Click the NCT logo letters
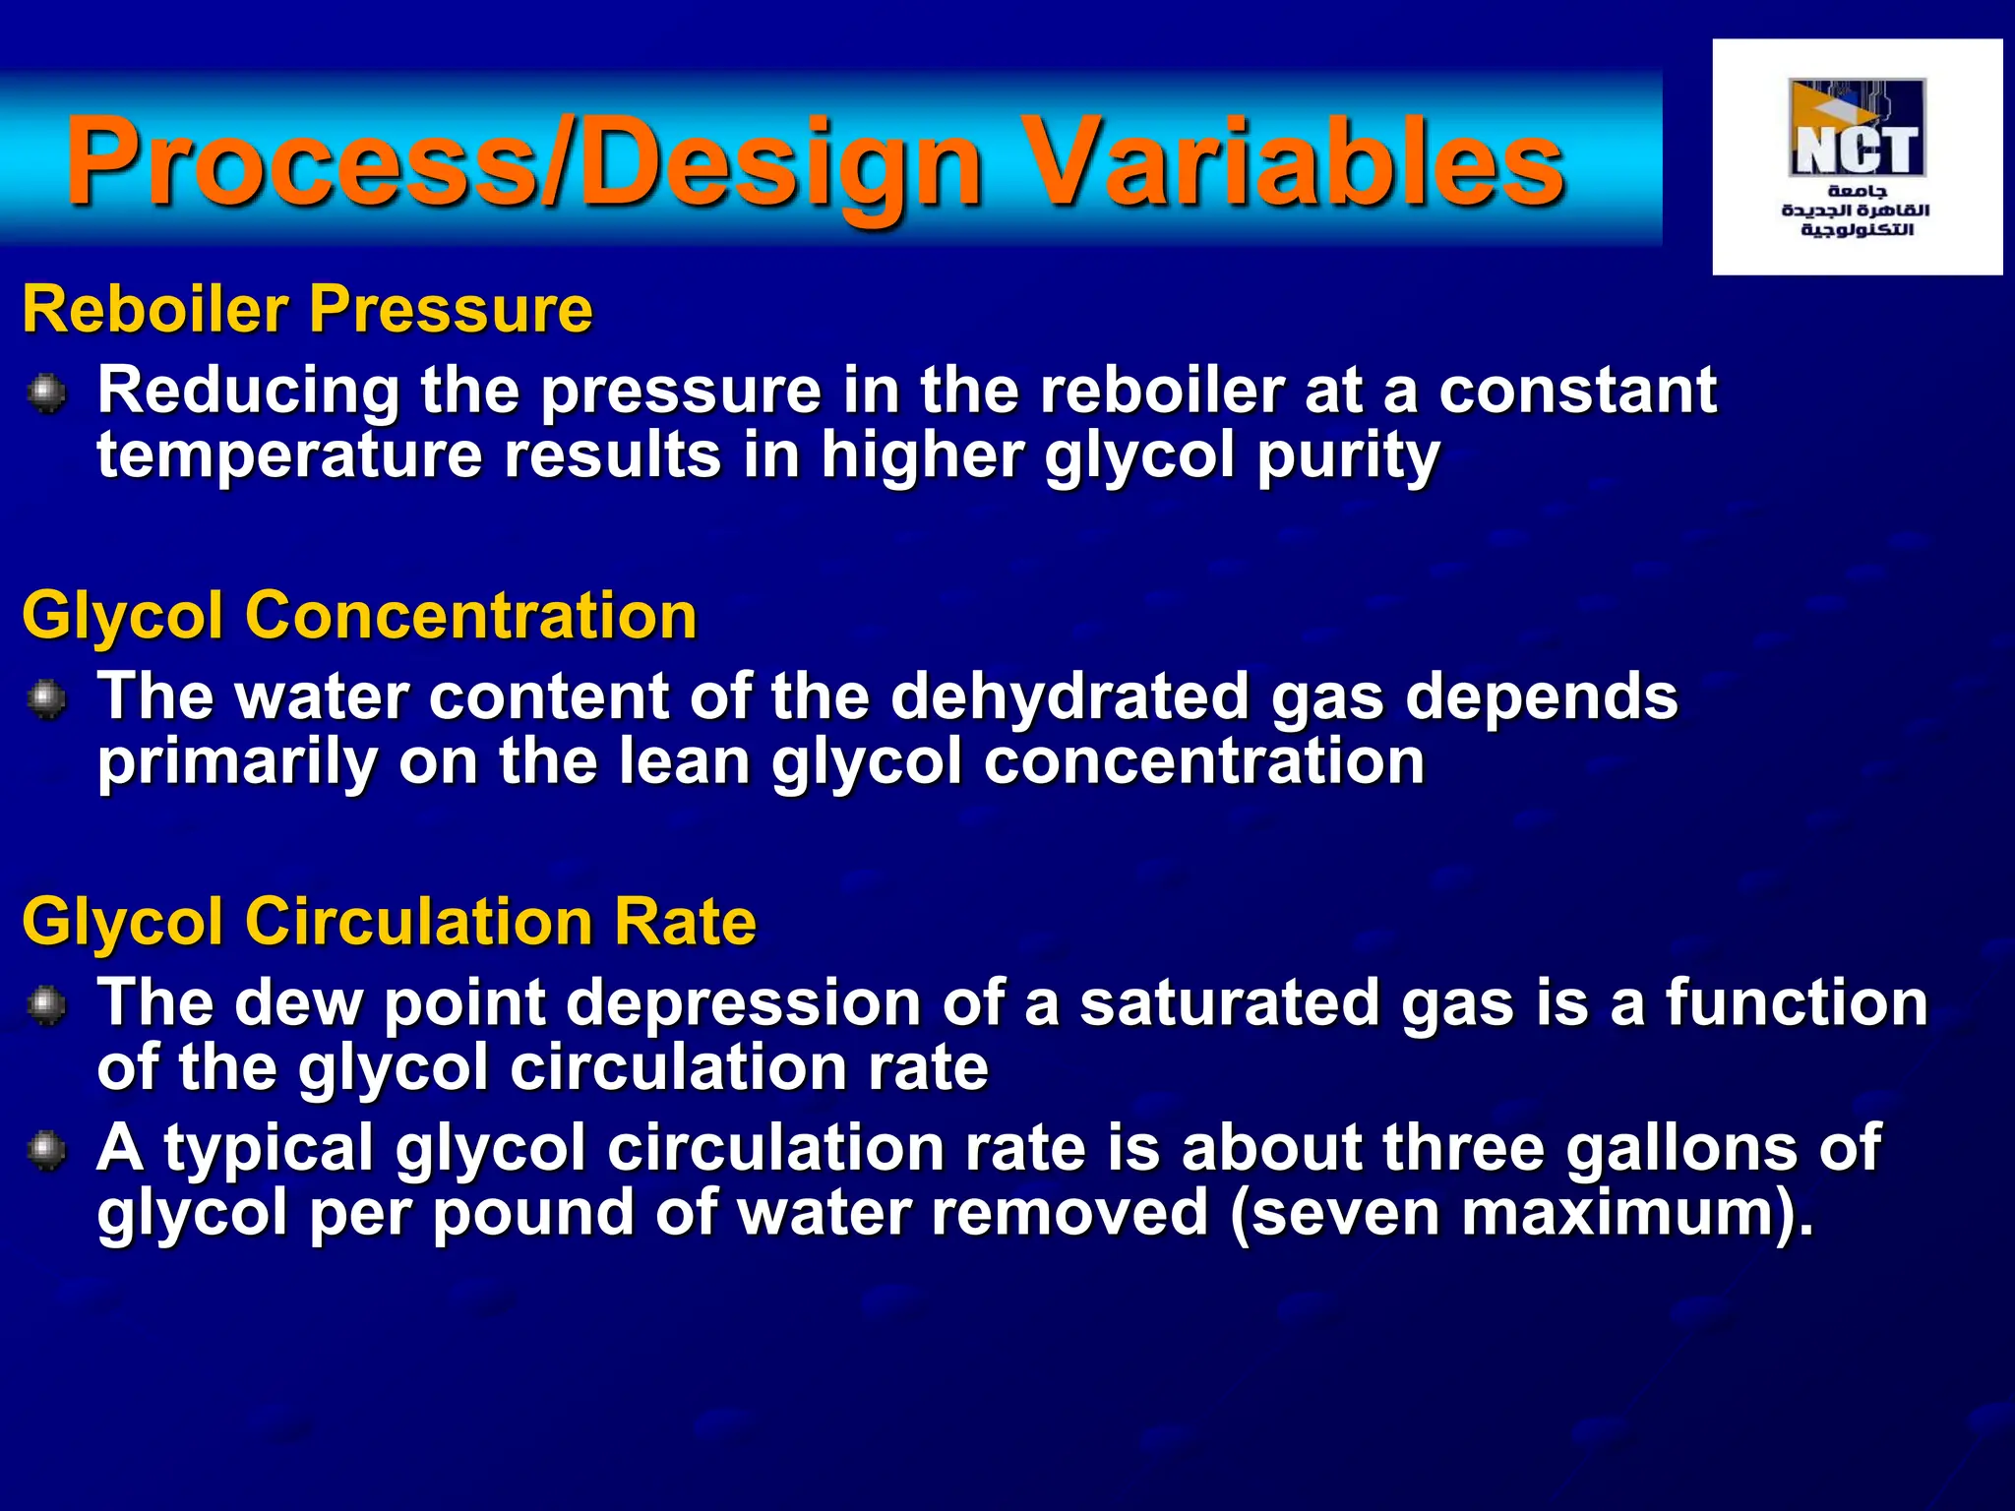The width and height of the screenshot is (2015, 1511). coord(1856,150)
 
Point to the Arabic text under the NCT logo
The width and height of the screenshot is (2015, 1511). coord(1856,211)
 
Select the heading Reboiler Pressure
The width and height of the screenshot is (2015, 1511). coord(307,309)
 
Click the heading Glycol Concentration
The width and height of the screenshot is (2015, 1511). coord(359,616)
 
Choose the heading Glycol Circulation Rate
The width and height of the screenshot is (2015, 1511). coord(390,922)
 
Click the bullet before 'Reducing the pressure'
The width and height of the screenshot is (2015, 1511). coord(45,394)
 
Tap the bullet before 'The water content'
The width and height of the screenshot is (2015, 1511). coord(45,700)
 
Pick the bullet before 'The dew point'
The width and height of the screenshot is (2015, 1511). coord(45,1006)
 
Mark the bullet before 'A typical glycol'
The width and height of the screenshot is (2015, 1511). coord(45,1151)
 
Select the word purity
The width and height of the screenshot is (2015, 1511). coord(1348,457)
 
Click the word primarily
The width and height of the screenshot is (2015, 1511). coord(237,762)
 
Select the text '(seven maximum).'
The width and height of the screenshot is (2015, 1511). coord(1521,1213)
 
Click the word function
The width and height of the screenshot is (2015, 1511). coord(1797,1003)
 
